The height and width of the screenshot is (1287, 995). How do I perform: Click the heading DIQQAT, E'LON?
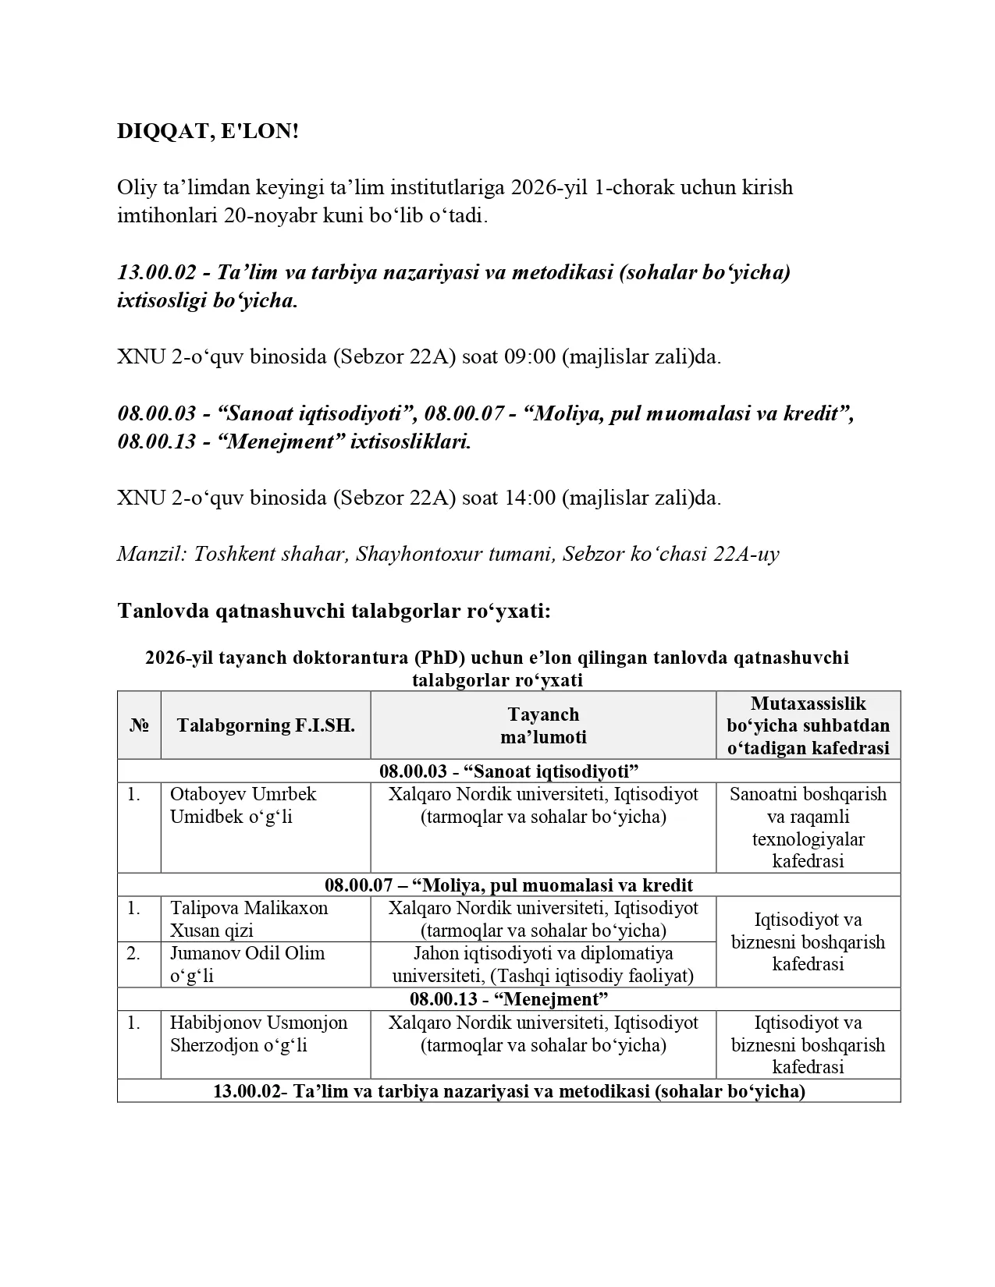click(x=208, y=132)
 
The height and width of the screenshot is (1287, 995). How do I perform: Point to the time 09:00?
click(x=530, y=357)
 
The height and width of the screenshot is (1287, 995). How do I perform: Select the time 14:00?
click(x=530, y=498)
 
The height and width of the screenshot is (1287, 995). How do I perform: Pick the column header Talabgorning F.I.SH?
click(x=265, y=725)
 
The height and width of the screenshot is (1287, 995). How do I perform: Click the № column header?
click(x=139, y=725)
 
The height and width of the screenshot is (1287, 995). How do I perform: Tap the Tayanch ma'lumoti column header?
click(x=543, y=725)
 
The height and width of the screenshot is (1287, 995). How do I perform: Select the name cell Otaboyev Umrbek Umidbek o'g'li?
click(x=243, y=806)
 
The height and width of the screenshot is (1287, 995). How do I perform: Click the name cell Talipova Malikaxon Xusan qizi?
click(x=249, y=919)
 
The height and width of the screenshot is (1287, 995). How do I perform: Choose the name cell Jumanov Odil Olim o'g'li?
click(x=247, y=964)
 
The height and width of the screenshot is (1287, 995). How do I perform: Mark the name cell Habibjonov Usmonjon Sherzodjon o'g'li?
click(x=258, y=1033)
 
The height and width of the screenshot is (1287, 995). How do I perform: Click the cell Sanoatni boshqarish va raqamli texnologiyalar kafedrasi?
click(x=808, y=828)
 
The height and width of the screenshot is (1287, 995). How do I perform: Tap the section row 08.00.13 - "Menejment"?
click(x=509, y=999)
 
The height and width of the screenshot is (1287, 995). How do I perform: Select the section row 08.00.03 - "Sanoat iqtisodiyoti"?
click(x=509, y=771)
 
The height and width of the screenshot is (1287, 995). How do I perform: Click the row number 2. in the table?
click(x=134, y=953)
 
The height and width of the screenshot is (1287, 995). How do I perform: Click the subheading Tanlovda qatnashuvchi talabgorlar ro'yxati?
click(x=334, y=611)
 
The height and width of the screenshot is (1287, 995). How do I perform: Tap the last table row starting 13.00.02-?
click(x=509, y=1091)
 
